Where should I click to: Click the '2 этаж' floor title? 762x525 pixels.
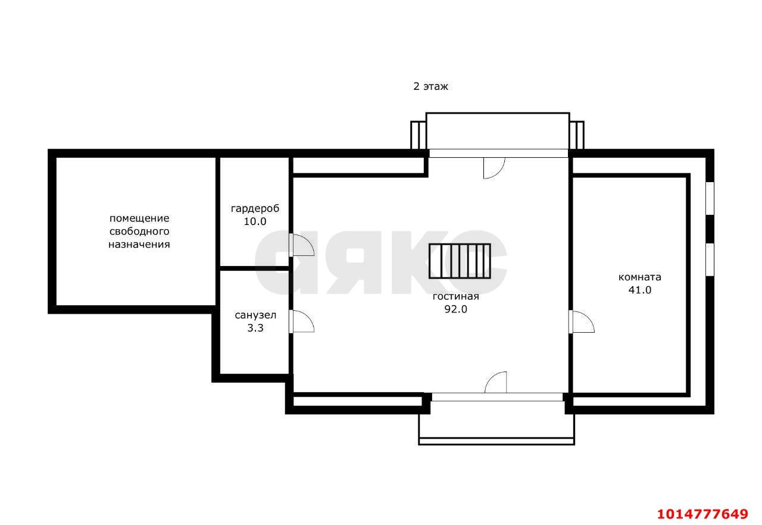[x=430, y=87]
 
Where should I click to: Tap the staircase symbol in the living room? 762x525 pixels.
[x=460, y=261]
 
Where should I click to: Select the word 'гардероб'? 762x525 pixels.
[x=255, y=209]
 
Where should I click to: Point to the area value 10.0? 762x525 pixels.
[x=255, y=221]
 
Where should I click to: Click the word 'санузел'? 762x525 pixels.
[x=255, y=315]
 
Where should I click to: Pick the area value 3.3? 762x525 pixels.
[x=255, y=328]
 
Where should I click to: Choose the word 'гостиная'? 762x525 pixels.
[x=456, y=296]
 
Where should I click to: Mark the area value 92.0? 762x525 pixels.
[x=456, y=309]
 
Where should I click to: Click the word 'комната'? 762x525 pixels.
[x=640, y=277]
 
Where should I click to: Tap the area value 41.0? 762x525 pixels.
[x=640, y=290]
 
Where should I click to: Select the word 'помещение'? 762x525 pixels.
[x=139, y=218]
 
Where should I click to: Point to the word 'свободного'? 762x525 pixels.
[x=139, y=232]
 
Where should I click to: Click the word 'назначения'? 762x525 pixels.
[x=139, y=245]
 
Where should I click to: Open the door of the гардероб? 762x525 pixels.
[x=302, y=245]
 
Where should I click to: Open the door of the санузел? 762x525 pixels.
[x=302, y=321]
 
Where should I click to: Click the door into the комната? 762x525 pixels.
[x=582, y=321]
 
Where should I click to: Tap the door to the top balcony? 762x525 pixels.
[x=494, y=168]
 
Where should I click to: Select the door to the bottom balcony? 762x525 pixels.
[x=496, y=383]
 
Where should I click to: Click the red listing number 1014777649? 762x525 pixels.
[x=703, y=514]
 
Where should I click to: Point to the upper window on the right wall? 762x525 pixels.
[x=710, y=198]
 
